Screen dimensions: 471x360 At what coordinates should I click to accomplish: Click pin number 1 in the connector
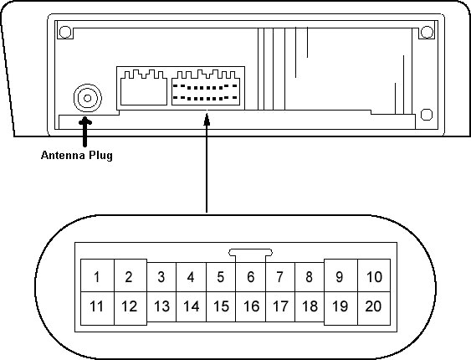(x=97, y=275)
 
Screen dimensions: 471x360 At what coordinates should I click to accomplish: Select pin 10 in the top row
(x=374, y=275)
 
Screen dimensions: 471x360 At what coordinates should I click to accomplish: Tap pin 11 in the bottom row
(x=97, y=308)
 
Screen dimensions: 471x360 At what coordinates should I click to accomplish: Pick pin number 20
(x=374, y=308)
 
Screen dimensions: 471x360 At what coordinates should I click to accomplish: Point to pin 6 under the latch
(x=250, y=277)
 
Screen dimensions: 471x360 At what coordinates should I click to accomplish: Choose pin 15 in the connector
(x=221, y=306)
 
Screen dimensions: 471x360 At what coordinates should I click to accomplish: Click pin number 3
(x=161, y=277)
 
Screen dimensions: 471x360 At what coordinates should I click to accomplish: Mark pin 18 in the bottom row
(x=310, y=306)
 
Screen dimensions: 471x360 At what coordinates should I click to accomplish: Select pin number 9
(x=340, y=275)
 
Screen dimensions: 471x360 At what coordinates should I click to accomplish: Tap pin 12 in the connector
(x=131, y=308)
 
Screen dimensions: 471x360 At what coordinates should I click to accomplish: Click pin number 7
(x=280, y=277)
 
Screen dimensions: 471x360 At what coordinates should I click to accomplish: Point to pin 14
(x=192, y=306)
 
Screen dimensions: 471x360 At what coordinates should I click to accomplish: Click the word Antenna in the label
(x=63, y=156)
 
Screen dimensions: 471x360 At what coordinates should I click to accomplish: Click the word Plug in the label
(x=100, y=156)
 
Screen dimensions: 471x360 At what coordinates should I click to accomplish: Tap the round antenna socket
(x=88, y=98)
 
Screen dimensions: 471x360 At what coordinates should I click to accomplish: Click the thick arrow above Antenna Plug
(x=85, y=131)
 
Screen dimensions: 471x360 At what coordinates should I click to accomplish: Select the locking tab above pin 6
(x=250, y=252)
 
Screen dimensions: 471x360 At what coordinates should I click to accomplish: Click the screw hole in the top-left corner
(x=65, y=32)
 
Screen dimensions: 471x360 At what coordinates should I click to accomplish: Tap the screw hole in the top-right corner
(x=427, y=32)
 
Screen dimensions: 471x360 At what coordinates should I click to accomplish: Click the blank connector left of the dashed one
(x=144, y=88)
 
